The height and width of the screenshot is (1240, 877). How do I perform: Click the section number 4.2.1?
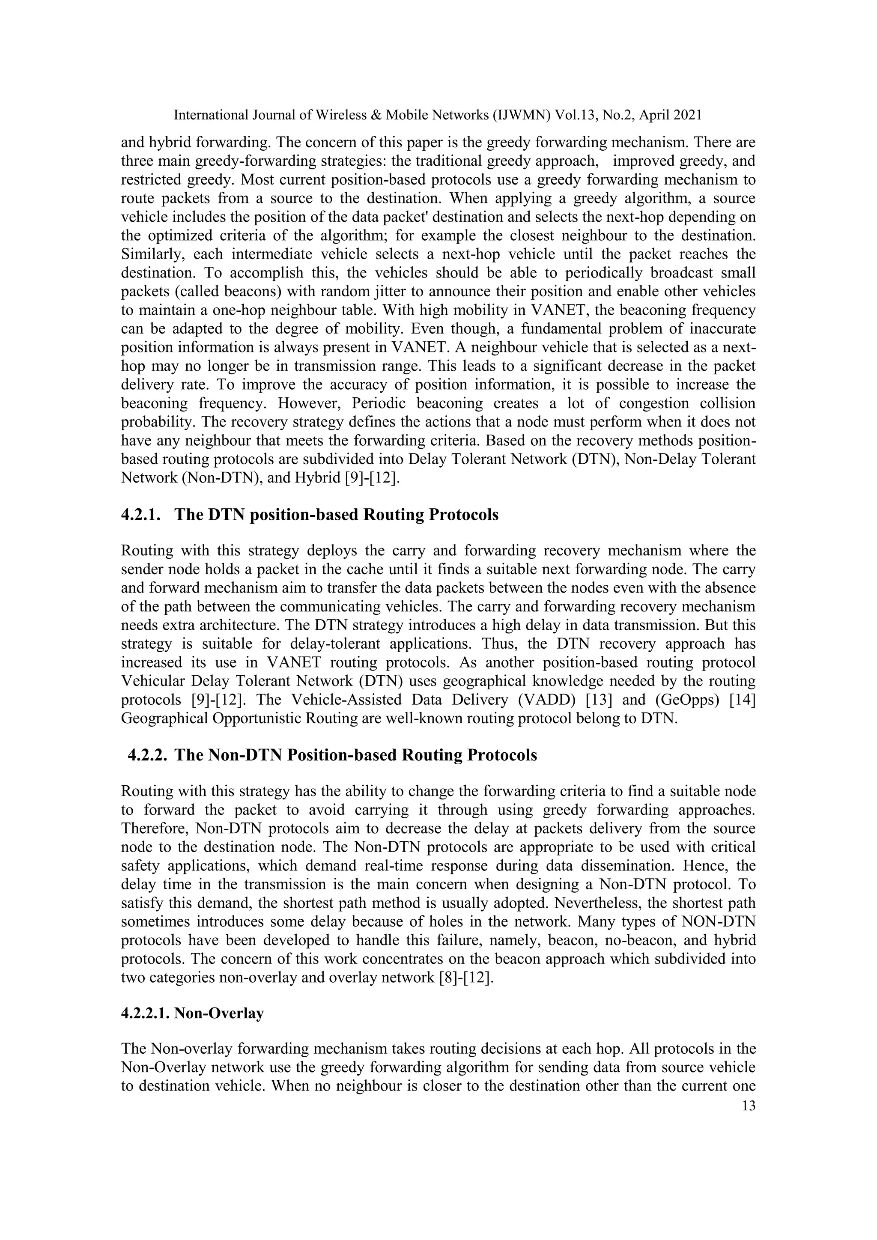click(x=141, y=515)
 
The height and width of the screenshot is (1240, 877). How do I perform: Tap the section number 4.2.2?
click(x=147, y=755)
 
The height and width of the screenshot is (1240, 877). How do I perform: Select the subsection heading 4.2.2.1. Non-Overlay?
click(x=192, y=1014)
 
